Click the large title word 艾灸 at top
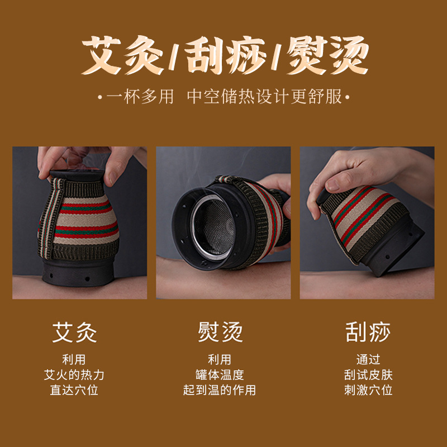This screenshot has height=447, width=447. pos(122,55)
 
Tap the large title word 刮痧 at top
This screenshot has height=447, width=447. pos(225,55)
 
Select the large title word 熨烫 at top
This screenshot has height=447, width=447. pos(328,55)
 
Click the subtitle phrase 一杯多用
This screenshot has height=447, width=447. pos(140,97)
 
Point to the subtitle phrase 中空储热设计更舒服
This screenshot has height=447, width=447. pos(264,97)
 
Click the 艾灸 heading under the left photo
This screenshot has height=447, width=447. pos(74,332)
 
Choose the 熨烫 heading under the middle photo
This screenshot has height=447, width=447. pos(220,332)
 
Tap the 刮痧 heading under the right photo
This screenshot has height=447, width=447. pos(368,332)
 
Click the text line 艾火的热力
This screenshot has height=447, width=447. pos(74,375)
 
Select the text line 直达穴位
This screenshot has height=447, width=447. pos(74,390)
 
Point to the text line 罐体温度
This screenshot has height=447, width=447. pos(220,375)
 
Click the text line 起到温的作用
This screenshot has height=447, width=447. pos(220,390)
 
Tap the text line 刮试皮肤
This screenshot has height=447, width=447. pos(368,375)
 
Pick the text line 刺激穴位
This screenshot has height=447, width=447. pos(368,390)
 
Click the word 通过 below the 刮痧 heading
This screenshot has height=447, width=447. pos(368,359)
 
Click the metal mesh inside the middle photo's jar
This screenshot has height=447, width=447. pos(213,227)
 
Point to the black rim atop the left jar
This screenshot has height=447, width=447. pos(77,175)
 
